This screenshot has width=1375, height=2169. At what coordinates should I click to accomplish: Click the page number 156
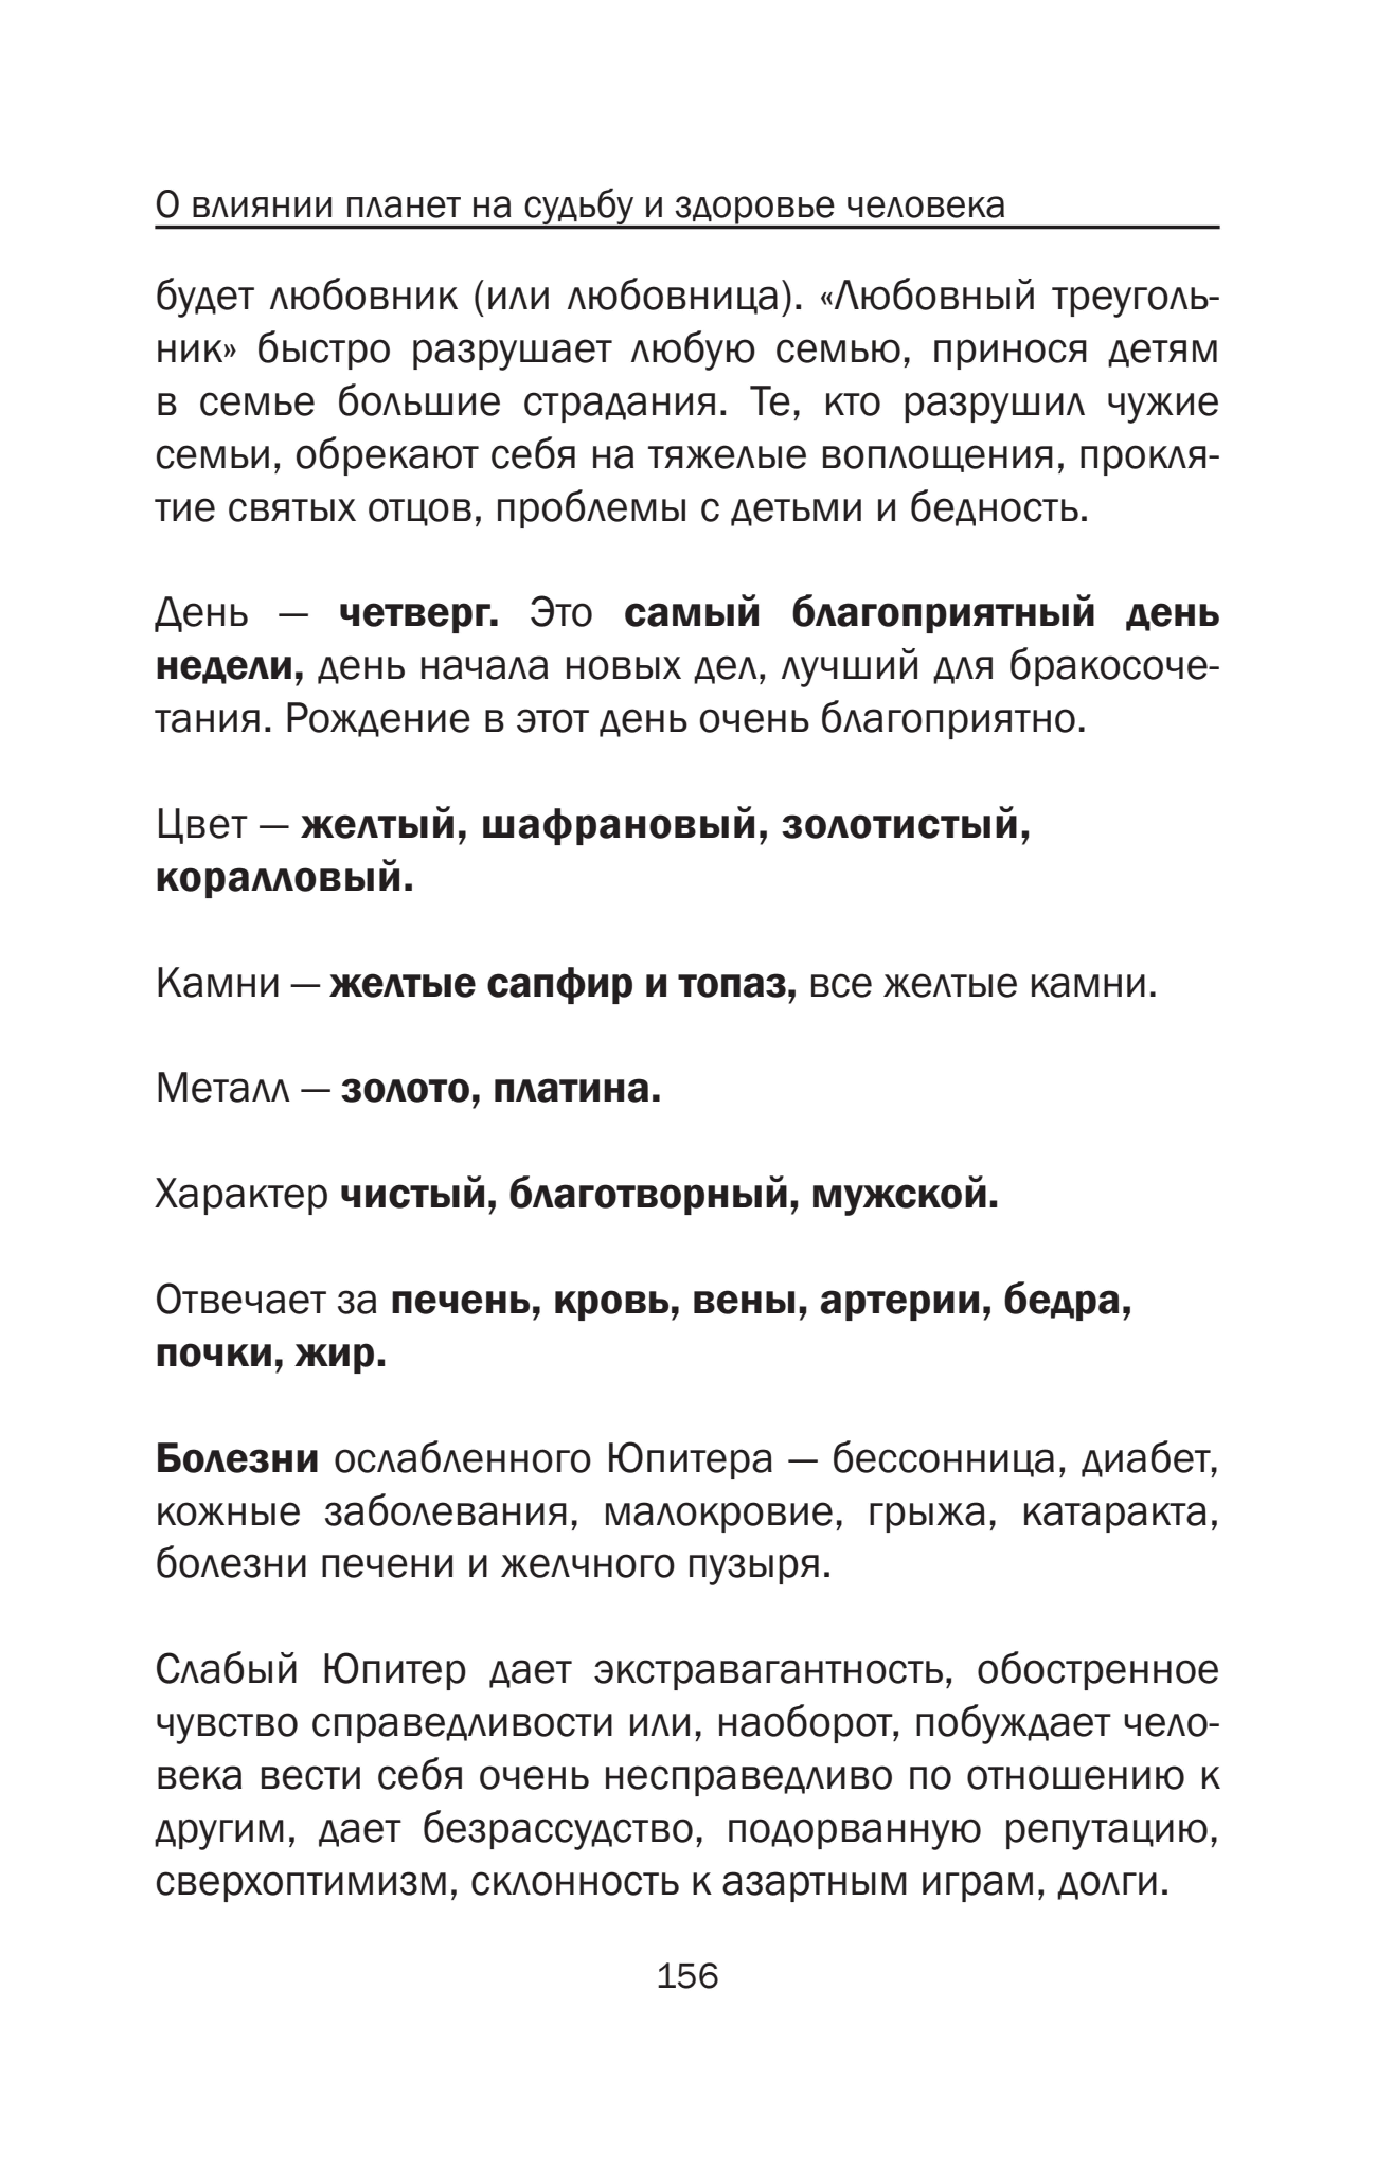[x=687, y=1975]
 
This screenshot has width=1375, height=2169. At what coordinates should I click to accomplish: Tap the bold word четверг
[x=419, y=614]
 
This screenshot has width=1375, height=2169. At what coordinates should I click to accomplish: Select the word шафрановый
[x=618, y=825]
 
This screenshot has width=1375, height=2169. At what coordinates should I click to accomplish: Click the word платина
[x=577, y=1090]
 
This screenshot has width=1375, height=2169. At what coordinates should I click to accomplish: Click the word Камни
[x=217, y=985]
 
